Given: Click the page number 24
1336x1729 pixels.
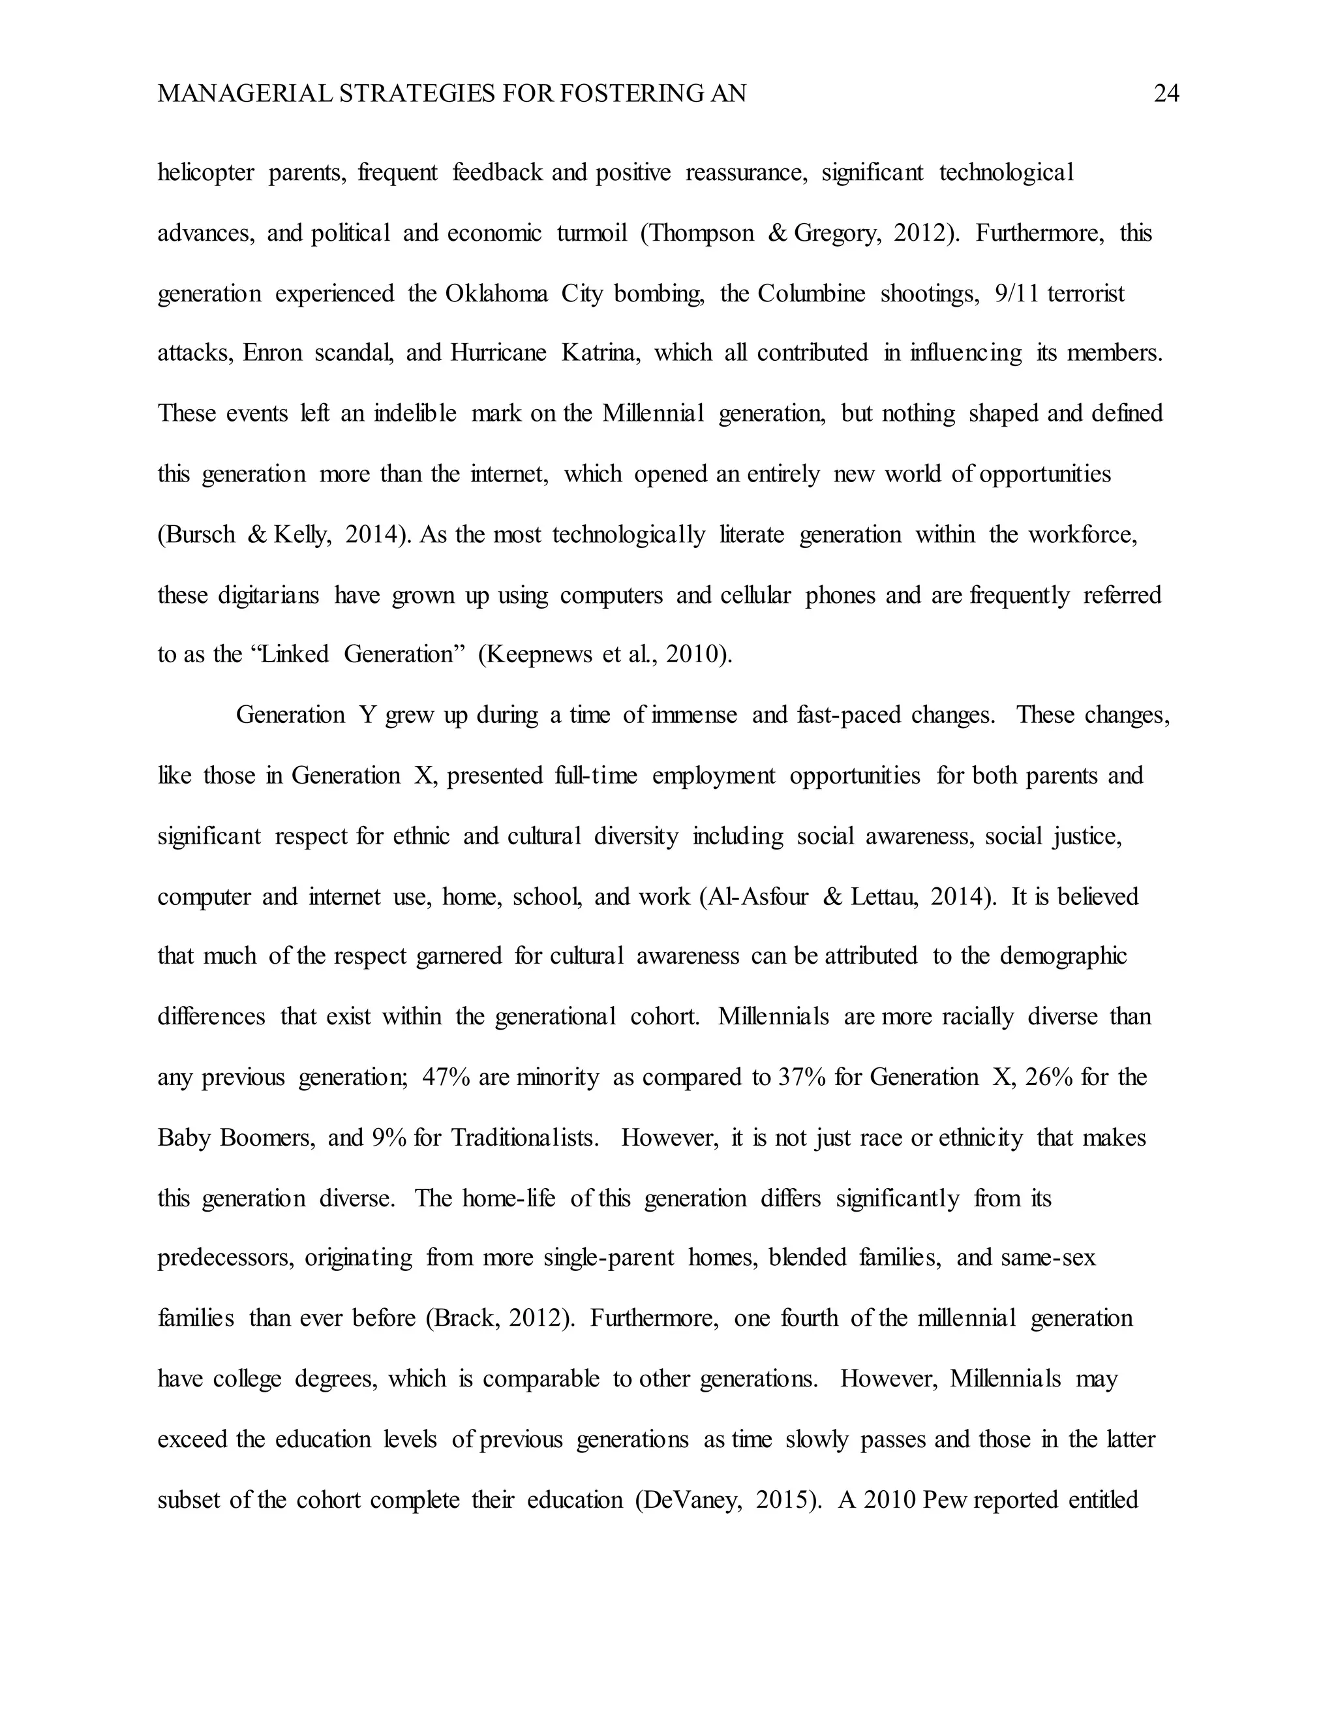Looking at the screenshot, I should pos(1166,94).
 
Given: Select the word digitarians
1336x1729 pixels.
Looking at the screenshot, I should pos(269,594).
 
